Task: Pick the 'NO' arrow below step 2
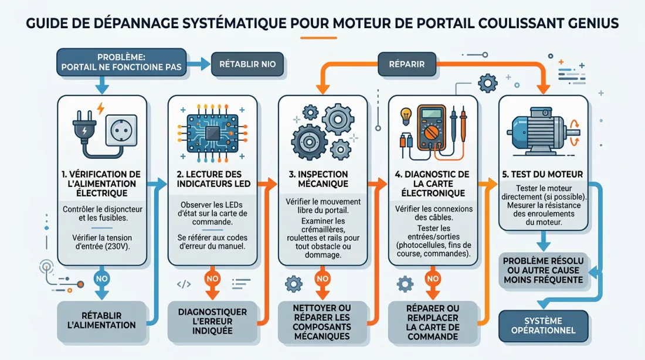(212, 280)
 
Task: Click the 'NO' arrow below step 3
(322, 280)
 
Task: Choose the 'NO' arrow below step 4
(433, 280)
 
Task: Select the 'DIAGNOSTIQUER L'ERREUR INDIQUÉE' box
(212, 321)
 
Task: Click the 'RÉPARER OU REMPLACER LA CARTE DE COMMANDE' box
(433, 321)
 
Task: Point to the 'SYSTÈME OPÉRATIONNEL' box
(543, 325)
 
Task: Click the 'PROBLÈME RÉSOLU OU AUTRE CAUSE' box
(543, 270)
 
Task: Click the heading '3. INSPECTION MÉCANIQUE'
(322, 179)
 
